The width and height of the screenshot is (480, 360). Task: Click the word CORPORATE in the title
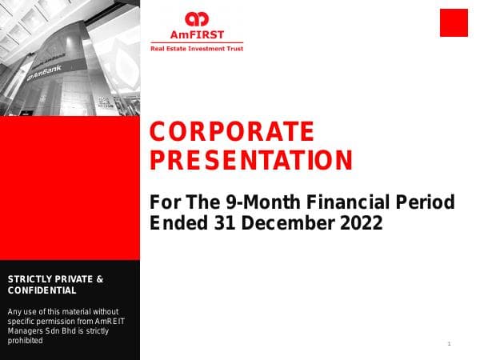click(x=232, y=131)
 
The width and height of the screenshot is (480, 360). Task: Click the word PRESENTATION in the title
click(x=251, y=160)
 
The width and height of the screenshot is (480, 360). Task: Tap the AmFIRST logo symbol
click(x=196, y=18)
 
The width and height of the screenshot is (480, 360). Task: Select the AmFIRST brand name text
click(x=196, y=35)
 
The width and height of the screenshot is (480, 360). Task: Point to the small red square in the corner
click(x=454, y=22)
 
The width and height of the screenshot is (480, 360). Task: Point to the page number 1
click(x=450, y=343)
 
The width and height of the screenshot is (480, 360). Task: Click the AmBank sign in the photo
click(x=46, y=74)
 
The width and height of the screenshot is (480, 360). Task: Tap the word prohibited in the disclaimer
click(x=25, y=340)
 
